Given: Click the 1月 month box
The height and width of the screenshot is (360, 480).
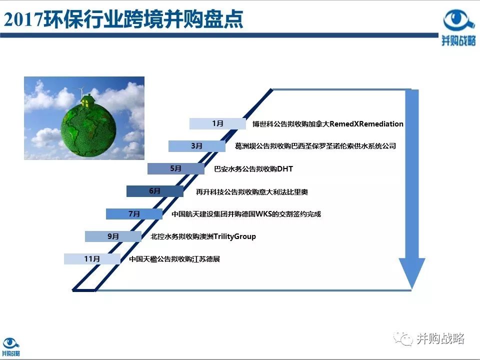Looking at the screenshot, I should [217, 123].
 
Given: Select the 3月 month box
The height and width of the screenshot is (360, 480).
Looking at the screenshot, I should [196, 146].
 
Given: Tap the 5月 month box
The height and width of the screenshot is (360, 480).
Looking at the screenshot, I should [175, 168].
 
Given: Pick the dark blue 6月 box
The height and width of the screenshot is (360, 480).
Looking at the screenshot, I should [154, 191].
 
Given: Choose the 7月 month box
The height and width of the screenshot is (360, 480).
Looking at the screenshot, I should [134, 214].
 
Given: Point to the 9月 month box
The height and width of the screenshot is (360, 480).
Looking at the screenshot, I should [113, 236].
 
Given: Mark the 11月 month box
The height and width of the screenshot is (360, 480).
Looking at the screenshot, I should [92, 259].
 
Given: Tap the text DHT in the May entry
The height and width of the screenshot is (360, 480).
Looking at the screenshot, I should [284, 169].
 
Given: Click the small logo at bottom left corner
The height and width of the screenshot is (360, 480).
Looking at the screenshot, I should [11, 347].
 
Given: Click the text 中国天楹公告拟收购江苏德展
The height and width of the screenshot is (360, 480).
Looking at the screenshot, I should [174, 259].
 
